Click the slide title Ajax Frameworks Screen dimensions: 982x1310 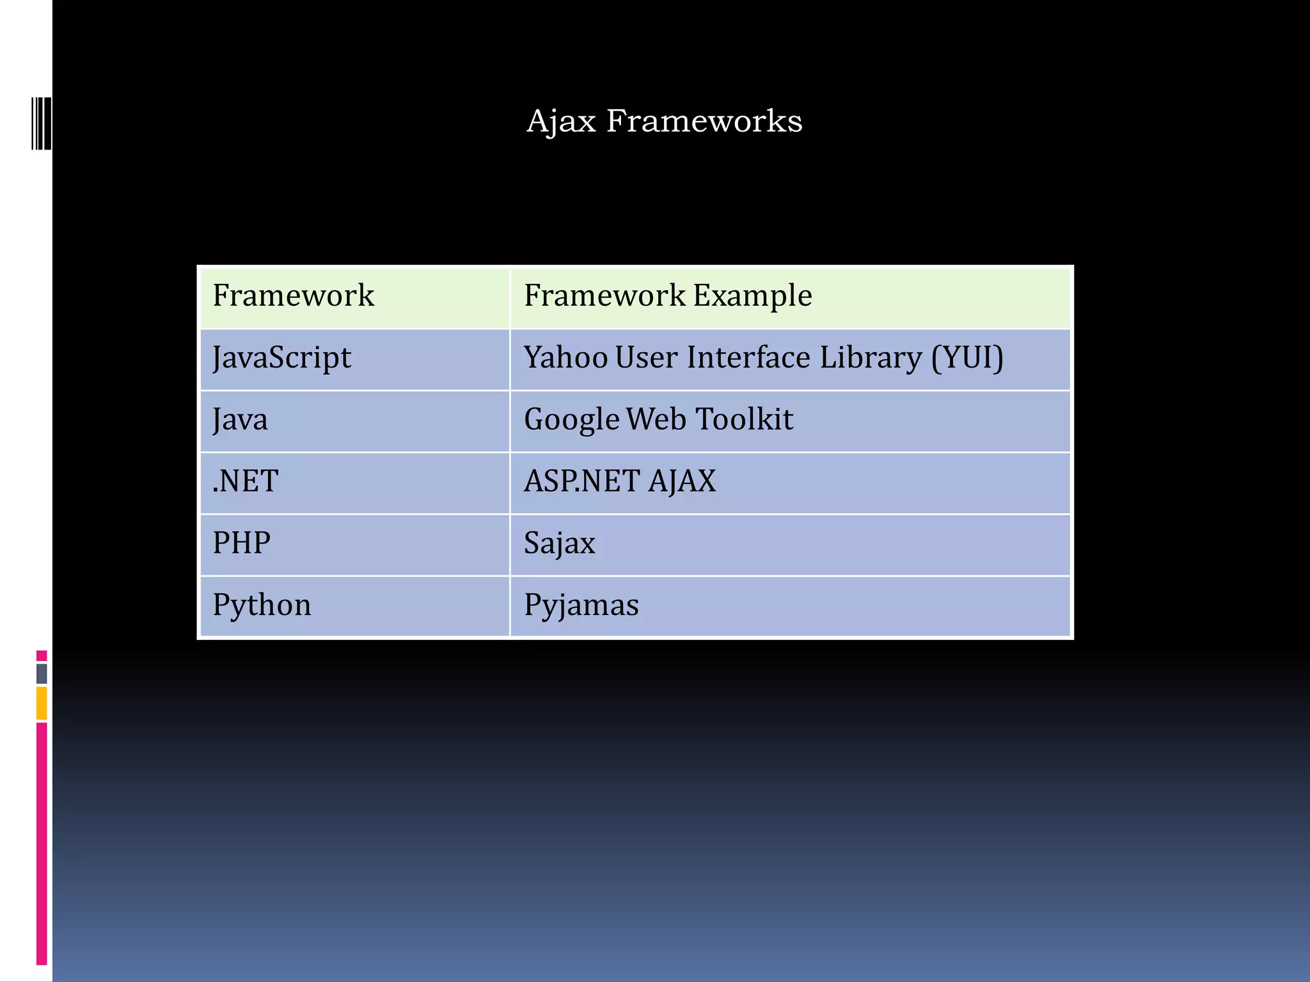tap(664, 121)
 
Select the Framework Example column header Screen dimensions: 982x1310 tap(668, 295)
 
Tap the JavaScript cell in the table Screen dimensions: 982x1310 tap(281, 357)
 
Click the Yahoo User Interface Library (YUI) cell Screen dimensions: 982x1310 tap(763, 357)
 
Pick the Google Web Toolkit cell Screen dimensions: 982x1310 tap(658, 419)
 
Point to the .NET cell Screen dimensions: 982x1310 tap(246, 481)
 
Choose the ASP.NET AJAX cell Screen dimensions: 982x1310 tap(620, 481)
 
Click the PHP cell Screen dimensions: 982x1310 tap(242, 543)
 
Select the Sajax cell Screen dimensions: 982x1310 tap(560, 543)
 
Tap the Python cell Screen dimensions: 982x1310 tap(262, 605)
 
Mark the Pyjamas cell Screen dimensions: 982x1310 tap(581, 605)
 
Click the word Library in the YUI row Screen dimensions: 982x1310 tap(871, 357)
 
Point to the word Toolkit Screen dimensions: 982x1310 tap(744, 419)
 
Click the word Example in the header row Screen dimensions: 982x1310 tap(752, 295)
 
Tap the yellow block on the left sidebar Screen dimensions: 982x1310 tap(42, 703)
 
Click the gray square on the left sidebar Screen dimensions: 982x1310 tap(42, 673)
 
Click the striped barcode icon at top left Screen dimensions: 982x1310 tap(41, 123)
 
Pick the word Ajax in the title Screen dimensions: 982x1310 tap(561, 121)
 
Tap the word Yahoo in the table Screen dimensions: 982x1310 tap(565, 357)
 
